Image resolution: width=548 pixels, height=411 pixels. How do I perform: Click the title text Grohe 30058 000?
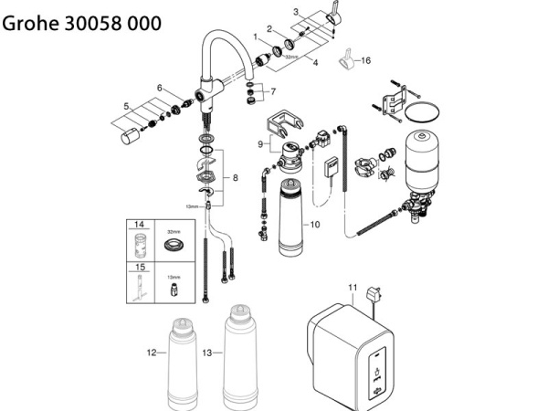pyautogui.click(x=82, y=23)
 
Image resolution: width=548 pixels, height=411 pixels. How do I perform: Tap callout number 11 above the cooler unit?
pyautogui.click(x=353, y=288)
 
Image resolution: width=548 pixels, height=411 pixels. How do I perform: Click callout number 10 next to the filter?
pyautogui.click(x=315, y=224)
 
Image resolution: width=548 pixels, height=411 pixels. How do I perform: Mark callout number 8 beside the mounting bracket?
pyautogui.click(x=235, y=176)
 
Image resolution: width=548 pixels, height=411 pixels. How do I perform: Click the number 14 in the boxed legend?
pyautogui.click(x=140, y=225)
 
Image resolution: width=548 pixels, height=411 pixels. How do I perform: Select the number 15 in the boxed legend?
pyautogui.click(x=140, y=267)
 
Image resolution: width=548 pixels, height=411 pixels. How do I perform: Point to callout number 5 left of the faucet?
pyautogui.click(x=127, y=106)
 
